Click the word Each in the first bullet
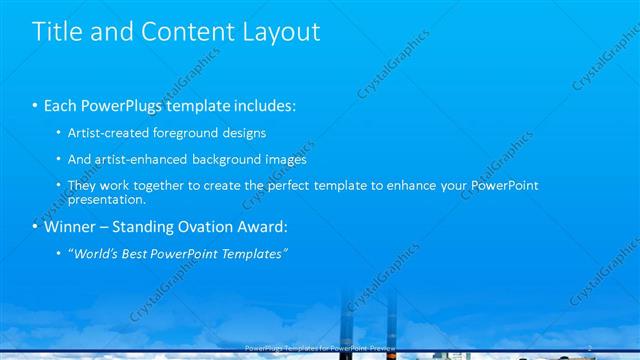tap(62, 105)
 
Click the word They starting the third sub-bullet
tap(84, 185)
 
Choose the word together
tap(155, 185)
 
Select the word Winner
tap(71, 226)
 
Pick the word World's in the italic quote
tap(98, 253)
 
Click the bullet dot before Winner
tap(36, 226)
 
